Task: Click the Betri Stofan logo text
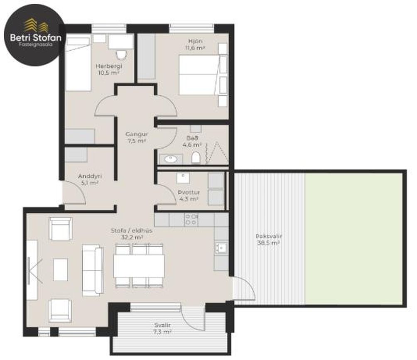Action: point(36,37)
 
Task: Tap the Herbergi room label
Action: point(109,66)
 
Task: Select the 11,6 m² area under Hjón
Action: point(195,48)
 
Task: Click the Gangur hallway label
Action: point(137,134)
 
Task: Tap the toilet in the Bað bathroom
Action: point(196,158)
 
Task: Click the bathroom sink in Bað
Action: point(170,159)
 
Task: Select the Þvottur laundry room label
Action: point(189,193)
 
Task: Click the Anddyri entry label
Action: point(90,176)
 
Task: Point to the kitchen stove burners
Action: point(191,220)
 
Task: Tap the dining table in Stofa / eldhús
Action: point(139,266)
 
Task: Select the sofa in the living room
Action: point(93,270)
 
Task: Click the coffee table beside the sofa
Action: point(60,269)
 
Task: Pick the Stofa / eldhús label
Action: point(132,231)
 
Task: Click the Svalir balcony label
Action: point(162,325)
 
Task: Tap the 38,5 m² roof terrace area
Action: point(268,243)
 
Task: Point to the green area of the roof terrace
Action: point(353,239)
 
